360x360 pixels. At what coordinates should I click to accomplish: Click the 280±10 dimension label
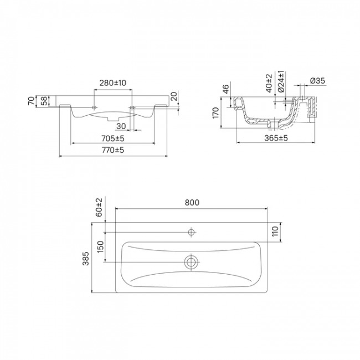113,83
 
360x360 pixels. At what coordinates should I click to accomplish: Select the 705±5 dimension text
113,138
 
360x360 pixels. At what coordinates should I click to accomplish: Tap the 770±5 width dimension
113,150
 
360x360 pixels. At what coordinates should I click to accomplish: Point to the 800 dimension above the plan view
192,203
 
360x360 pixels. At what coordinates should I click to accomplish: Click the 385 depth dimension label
86,259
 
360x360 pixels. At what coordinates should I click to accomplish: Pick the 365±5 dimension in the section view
276,138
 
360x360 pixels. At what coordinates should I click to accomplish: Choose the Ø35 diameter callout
317,81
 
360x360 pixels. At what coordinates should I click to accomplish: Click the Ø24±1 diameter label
281,81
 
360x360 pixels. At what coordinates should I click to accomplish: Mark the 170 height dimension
216,113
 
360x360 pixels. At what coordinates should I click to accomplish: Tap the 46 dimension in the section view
226,89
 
